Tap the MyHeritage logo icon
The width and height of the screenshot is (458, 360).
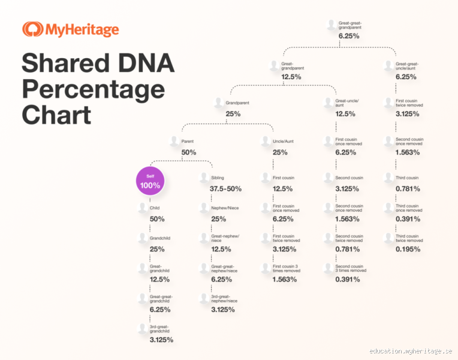[31, 29]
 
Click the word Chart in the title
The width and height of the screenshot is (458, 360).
[56, 115]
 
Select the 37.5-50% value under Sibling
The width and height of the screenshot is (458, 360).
[225, 189]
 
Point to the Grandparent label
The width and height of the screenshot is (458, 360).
[237, 103]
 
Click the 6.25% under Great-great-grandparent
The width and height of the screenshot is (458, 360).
[349, 36]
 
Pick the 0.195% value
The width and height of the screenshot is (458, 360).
[408, 249]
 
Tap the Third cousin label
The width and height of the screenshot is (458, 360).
[408, 178]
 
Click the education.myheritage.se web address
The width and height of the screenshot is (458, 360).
[411, 351]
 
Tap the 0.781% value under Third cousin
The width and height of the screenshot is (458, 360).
[408, 188]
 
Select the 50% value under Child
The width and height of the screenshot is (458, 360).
[157, 218]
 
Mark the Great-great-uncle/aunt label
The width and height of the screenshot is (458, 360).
[407, 66]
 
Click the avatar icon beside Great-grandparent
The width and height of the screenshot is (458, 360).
[273, 65]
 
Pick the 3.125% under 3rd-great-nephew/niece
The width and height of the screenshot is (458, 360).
[222, 310]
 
